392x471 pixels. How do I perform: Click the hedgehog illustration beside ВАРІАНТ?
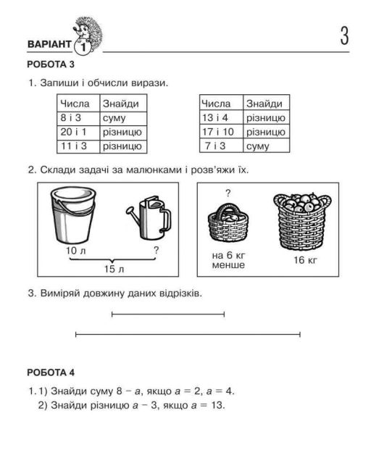(x=87, y=35)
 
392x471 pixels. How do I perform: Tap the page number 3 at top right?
(x=344, y=36)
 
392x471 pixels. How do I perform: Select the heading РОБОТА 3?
(x=51, y=64)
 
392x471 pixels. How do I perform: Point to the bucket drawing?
(x=73, y=214)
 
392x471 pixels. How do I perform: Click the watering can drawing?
(x=149, y=217)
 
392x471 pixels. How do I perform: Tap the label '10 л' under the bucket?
(x=75, y=251)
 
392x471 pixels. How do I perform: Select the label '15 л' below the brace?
(x=114, y=269)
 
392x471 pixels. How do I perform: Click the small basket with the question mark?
(x=228, y=222)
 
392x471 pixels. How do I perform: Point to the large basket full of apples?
(x=302, y=220)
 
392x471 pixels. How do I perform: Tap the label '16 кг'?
(x=305, y=260)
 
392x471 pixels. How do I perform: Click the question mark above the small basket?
(x=228, y=193)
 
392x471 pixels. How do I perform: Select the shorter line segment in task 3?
(x=168, y=314)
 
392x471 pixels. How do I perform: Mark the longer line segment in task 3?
(x=188, y=334)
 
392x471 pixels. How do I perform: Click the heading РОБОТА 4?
(x=51, y=372)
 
